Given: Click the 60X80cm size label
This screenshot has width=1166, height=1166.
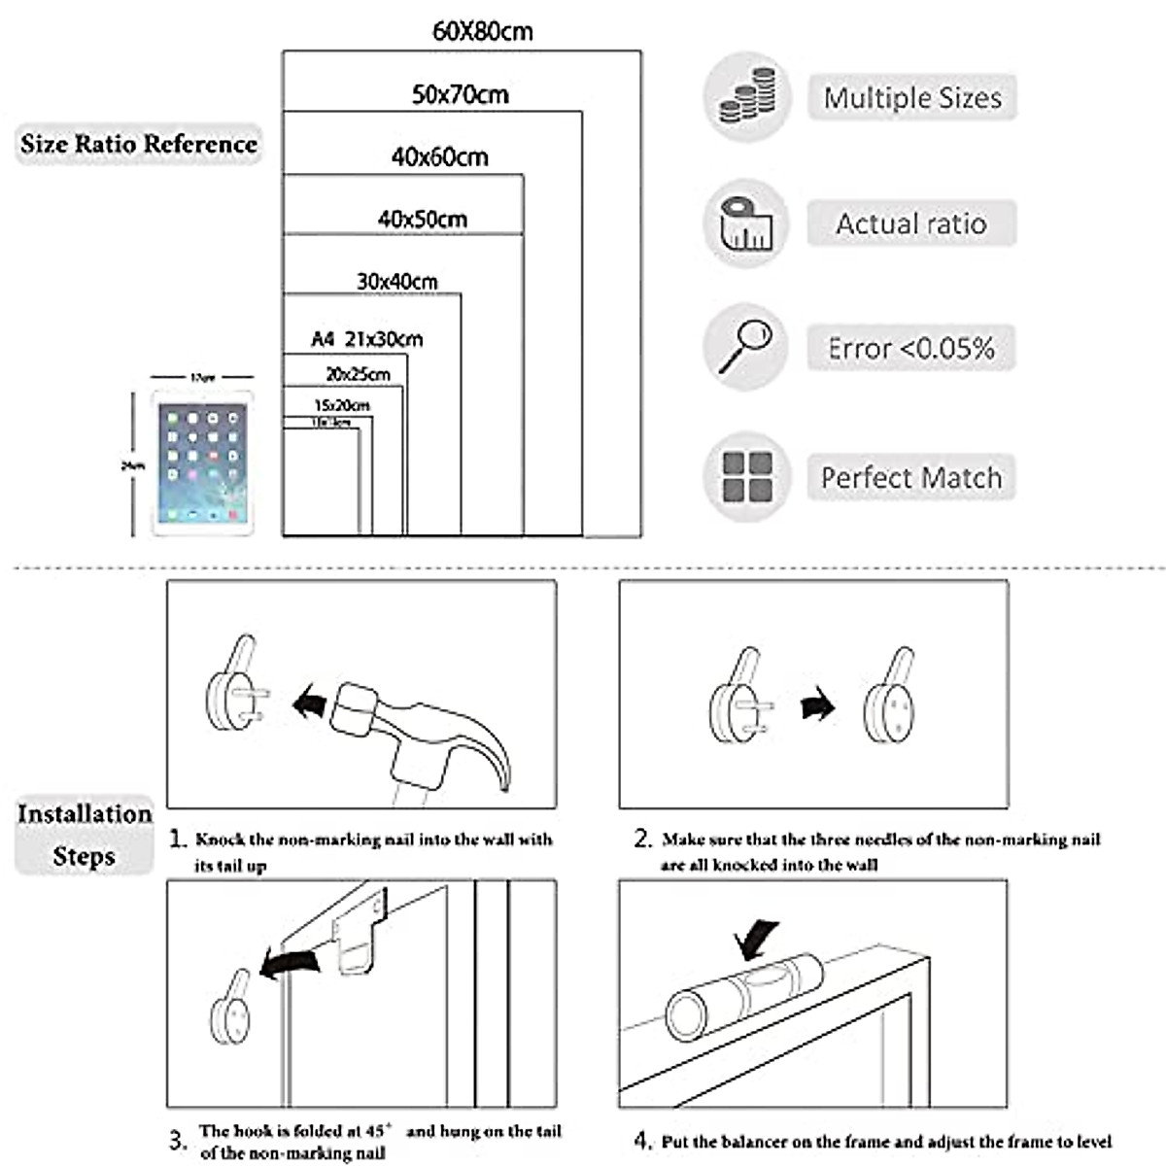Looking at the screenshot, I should pos(482,31).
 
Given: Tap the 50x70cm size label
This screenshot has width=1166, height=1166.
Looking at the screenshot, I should pos(460,94).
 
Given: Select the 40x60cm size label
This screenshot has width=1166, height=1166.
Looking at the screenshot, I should pos(439,156).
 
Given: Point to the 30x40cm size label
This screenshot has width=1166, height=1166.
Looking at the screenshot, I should pos(396,282).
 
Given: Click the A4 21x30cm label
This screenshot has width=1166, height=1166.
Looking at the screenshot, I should pos(366,339).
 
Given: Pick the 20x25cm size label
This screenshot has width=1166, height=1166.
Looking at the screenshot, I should pos(358,374).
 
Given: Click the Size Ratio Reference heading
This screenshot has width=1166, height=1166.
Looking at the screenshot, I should pos(139,144).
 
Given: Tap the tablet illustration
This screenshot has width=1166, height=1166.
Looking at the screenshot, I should pos(202,463).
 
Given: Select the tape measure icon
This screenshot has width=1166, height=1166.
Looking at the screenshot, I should pos(746,223).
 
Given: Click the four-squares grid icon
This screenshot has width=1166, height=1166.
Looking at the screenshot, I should pos(746,476).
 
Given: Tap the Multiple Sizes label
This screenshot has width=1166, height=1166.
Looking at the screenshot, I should pos(911,98).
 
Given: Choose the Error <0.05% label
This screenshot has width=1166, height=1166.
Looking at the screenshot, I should pos(910,348).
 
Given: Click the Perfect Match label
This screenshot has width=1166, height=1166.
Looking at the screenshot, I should pos(910,478).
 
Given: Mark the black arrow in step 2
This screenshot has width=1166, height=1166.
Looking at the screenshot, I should pos(818,703).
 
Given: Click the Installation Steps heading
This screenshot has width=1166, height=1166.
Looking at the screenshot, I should pos(85,835).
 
